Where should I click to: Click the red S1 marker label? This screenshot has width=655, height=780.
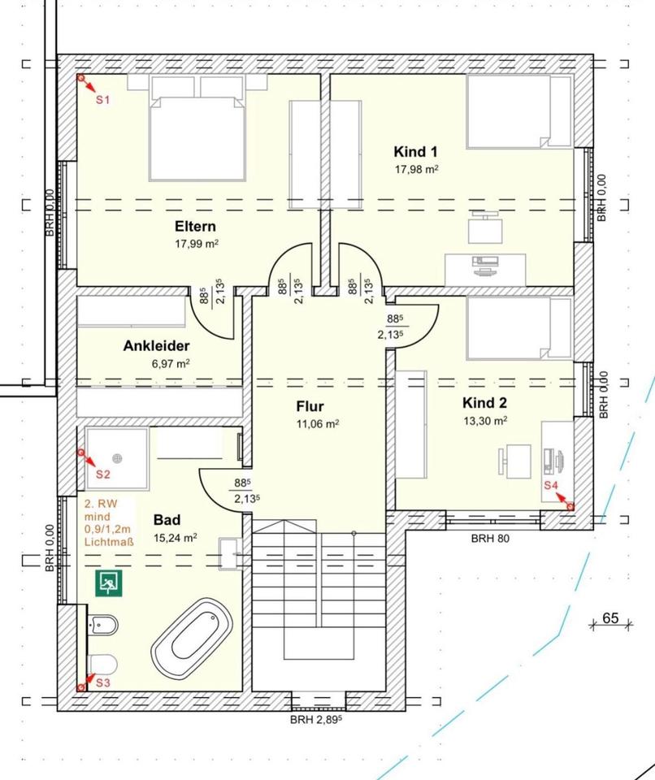coord(102,100)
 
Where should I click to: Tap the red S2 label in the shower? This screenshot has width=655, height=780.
coord(102,474)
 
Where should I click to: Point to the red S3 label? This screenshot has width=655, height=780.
coord(102,683)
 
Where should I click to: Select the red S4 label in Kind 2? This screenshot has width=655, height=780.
coord(551,486)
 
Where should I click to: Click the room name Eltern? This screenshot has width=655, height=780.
coord(195,227)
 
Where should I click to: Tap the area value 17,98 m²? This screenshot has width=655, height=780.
coord(417,169)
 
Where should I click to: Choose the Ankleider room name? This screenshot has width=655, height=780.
coord(156,346)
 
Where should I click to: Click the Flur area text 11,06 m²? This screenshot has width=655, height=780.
coord(318,424)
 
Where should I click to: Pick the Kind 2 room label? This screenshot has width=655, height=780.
coord(485,402)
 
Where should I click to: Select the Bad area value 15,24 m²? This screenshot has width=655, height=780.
coord(176,538)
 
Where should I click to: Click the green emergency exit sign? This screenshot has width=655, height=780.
coord(109,583)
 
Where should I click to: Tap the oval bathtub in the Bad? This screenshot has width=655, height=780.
coord(192,639)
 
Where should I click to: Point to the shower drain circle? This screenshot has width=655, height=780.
coord(118,458)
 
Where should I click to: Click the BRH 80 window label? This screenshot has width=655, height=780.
coord(490,538)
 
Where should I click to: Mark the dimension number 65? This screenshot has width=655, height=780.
coord(610,617)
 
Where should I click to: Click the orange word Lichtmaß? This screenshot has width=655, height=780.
coord(109,542)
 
